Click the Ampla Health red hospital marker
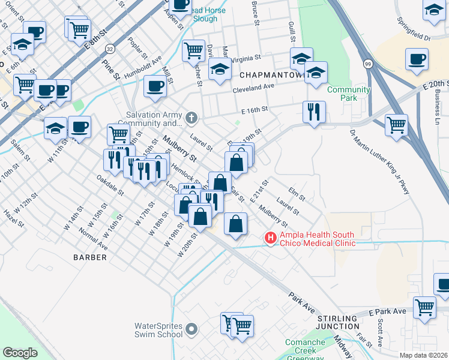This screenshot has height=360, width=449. (271, 239)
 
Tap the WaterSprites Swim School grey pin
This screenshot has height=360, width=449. (191, 329)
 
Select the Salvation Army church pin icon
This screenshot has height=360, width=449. (191, 116)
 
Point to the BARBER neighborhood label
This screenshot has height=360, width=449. (90, 257)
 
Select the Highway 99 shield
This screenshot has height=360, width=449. (366, 62)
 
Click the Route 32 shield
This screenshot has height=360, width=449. (109, 48)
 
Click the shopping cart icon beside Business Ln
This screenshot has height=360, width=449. (396, 125)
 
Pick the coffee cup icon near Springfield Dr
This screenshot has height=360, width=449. (417, 60)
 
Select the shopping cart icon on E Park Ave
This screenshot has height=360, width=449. (424, 307)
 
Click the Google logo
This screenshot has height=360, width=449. (20, 353)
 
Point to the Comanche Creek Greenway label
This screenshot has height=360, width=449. (305, 349)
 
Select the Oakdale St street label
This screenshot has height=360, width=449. (110, 187)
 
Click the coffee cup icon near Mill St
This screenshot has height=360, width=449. (155, 85)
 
